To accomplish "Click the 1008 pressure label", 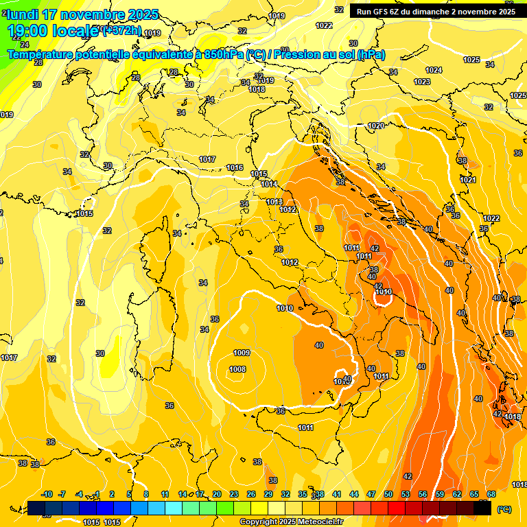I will click(237, 369).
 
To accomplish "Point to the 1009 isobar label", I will click(242, 353).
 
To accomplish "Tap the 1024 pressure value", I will click(434, 70).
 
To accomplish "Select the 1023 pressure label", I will click(422, 82).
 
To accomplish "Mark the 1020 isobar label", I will click(375, 126).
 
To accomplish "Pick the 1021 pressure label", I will click(468, 180).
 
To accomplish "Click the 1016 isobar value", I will click(235, 167).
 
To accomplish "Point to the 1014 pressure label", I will click(269, 184).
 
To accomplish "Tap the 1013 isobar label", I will click(274, 202).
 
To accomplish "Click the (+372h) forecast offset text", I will click(122, 30).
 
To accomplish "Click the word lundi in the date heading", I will click(24, 14).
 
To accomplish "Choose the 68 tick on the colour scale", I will click(491, 494).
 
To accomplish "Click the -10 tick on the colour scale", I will click(47, 494).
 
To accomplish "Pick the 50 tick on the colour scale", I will click(388, 494).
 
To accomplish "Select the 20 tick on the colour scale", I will click(217, 494).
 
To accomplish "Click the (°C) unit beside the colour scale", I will click(504, 508).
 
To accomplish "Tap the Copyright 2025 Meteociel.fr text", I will click(291, 522).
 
